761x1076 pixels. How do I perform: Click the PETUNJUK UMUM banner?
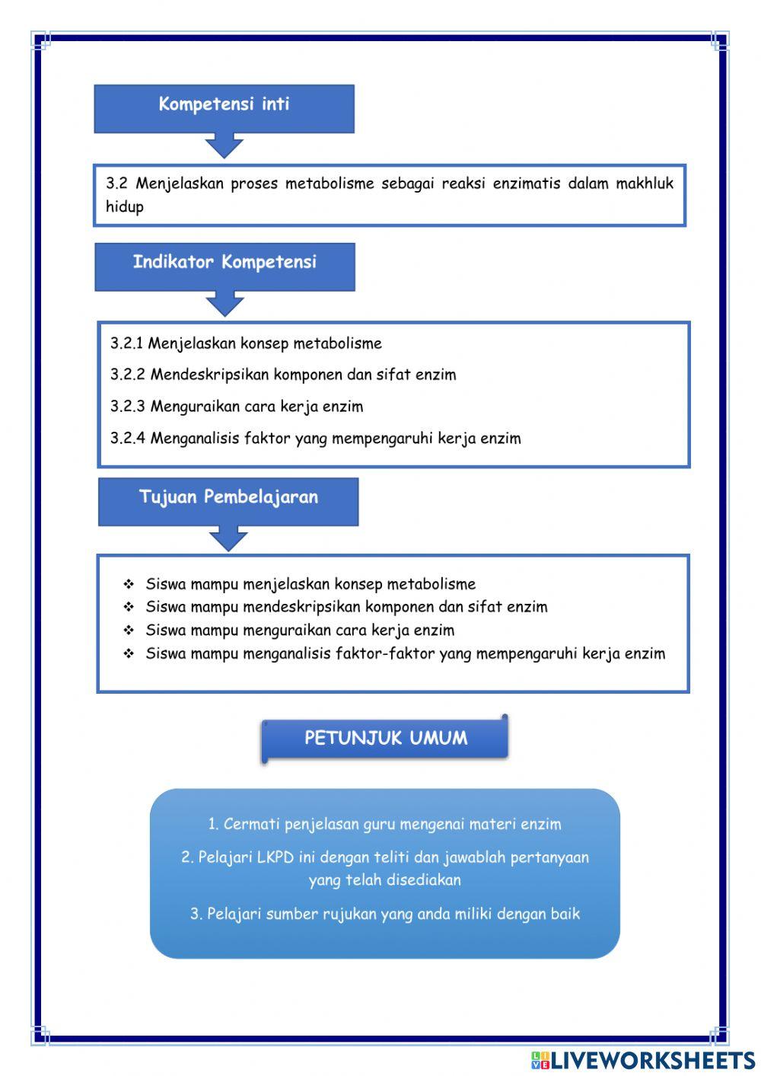pyautogui.click(x=385, y=738)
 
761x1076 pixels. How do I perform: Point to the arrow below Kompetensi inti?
pyautogui.click(x=224, y=145)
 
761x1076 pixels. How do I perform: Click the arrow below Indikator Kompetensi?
pyautogui.click(x=224, y=304)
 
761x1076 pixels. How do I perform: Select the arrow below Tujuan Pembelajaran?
pyautogui.click(x=228, y=538)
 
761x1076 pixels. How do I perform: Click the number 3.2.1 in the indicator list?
pyautogui.click(x=126, y=343)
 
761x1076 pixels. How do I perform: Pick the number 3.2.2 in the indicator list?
pyautogui.click(x=127, y=375)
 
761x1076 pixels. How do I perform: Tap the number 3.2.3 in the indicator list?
pyautogui.click(x=127, y=407)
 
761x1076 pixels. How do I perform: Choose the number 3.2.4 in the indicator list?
pyautogui.click(x=127, y=439)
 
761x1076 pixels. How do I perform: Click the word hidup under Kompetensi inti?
pyautogui.click(x=125, y=206)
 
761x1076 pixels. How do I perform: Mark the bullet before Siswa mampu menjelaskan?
pyautogui.click(x=129, y=585)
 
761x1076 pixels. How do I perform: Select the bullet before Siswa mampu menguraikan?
pyautogui.click(x=129, y=631)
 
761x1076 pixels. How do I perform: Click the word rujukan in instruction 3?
pyautogui.click(x=349, y=914)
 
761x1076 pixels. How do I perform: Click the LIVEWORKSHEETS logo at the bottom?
pyautogui.click(x=642, y=1060)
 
